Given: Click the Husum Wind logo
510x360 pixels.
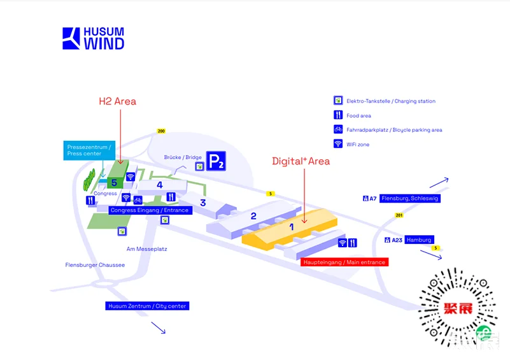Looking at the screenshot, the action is [94, 38].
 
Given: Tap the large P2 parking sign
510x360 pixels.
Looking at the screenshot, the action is [216, 161].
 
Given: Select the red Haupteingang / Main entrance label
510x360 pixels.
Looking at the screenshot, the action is [344, 262].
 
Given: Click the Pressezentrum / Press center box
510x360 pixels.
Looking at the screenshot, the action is [89, 150].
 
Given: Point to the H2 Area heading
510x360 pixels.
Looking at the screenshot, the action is [117, 101].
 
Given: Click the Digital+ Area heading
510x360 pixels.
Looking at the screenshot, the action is [301, 161].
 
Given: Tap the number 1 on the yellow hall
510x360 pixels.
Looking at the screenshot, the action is [292, 227].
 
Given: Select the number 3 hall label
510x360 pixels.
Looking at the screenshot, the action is [203, 203].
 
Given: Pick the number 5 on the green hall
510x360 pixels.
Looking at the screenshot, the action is [114, 183].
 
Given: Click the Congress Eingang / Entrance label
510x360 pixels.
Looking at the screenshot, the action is [150, 210].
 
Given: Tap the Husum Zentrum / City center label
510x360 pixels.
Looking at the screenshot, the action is [147, 306].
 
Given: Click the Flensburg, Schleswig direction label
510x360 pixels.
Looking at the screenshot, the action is [410, 198].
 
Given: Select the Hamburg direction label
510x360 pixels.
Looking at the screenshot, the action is [419, 240].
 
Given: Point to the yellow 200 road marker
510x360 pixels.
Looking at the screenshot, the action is [161, 131].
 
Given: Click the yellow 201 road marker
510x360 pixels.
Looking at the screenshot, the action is [399, 215].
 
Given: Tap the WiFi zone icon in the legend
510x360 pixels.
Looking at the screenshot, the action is [338, 143].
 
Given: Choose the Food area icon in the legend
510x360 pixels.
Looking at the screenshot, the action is [338, 115].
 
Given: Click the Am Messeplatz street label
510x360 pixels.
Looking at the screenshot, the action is [146, 249].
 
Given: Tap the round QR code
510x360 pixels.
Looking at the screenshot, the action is [458, 308].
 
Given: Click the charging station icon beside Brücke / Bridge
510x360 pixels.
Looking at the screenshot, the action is [199, 167].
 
